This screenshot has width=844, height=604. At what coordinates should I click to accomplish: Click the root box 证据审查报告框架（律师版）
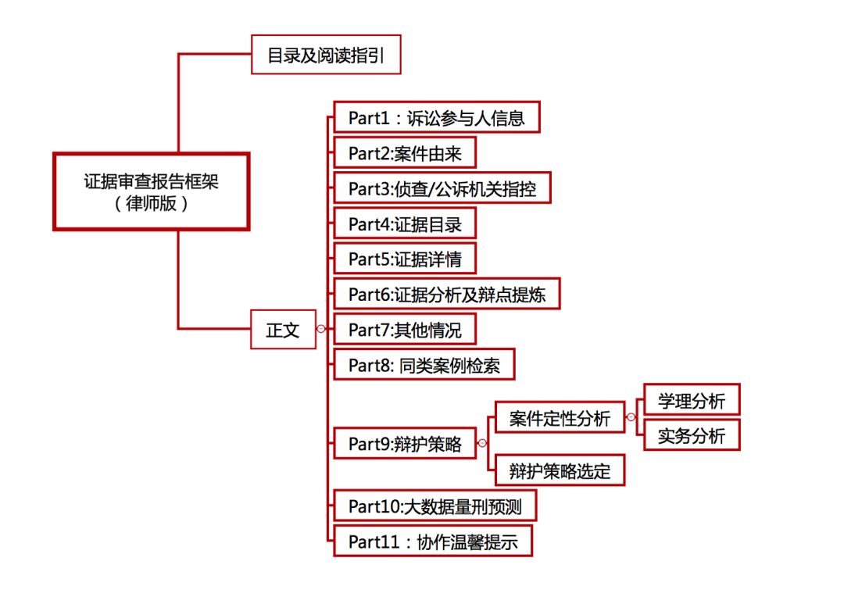point(151,191)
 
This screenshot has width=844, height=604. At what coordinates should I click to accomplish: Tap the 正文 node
point(282,330)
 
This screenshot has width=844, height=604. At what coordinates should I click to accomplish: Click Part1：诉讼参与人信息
point(436,118)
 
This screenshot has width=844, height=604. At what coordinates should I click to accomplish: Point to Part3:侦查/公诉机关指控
point(442,188)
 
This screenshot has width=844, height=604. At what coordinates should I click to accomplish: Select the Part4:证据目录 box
point(405,224)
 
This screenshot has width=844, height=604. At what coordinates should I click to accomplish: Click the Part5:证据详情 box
point(405,259)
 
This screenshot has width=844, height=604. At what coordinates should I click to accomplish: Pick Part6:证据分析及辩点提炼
point(446,295)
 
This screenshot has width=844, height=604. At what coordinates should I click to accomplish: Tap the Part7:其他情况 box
point(405,330)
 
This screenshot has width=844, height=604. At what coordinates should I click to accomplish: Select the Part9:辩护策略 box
point(405,445)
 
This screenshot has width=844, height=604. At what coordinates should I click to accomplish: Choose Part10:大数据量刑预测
point(435,507)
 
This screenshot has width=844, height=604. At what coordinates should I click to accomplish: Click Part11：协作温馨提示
point(433,541)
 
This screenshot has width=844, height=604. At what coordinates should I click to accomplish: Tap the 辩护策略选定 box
point(560,471)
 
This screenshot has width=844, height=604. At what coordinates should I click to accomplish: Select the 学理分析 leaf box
point(691,401)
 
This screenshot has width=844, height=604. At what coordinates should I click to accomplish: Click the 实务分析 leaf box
point(691,436)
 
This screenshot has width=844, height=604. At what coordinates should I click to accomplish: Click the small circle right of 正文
point(320,330)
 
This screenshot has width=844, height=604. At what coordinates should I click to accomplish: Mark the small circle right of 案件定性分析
point(631,417)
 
